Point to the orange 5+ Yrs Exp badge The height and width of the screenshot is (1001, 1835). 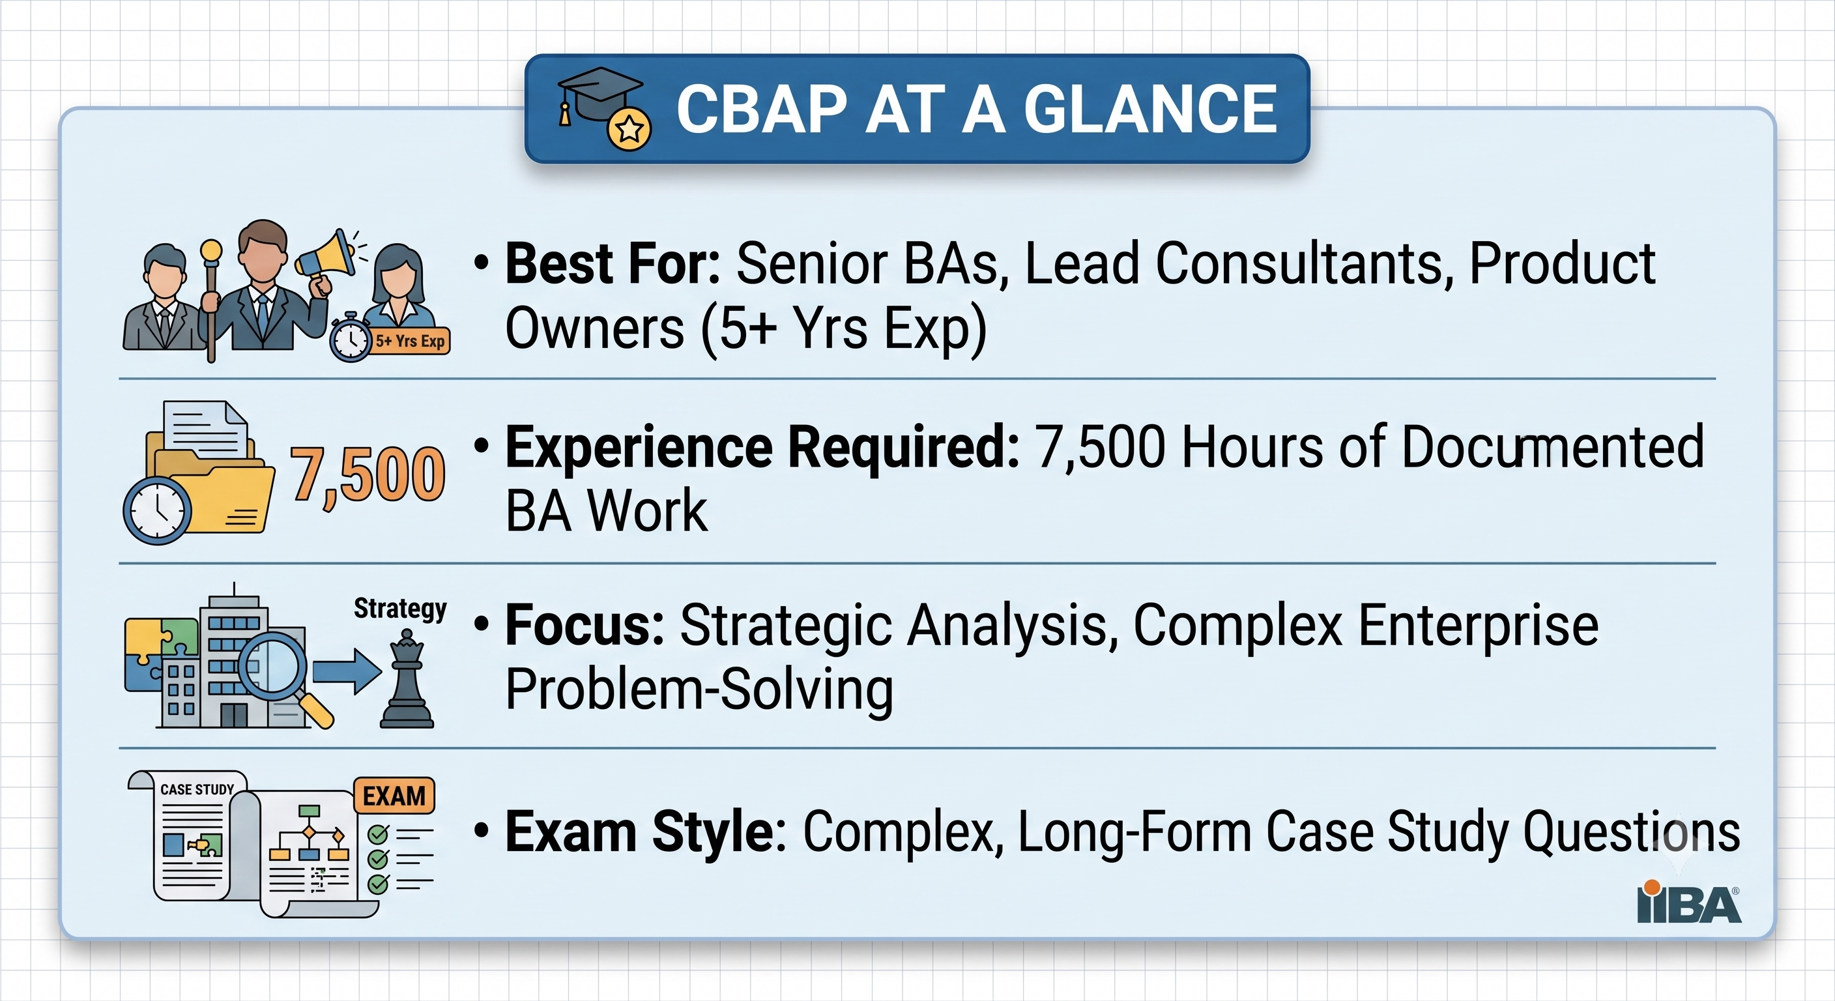[411, 341]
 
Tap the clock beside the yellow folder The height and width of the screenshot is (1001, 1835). [158, 510]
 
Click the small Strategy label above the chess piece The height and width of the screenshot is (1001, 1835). [400, 609]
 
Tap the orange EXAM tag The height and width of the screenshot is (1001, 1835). [394, 796]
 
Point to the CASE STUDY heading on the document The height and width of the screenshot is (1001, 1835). [197, 789]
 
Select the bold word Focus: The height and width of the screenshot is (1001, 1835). [585, 625]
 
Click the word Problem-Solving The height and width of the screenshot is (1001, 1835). [699, 689]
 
